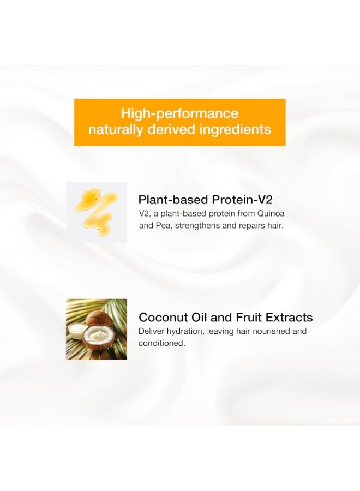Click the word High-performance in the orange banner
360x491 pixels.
(179, 113)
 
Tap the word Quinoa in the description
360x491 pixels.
(271, 214)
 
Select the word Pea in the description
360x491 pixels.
(163, 226)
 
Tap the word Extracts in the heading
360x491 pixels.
(289, 317)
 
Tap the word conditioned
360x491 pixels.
(162, 343)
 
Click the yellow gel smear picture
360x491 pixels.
(97, 212)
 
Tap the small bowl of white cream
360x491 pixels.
(76, 331)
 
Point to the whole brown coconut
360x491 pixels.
(100, 320)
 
